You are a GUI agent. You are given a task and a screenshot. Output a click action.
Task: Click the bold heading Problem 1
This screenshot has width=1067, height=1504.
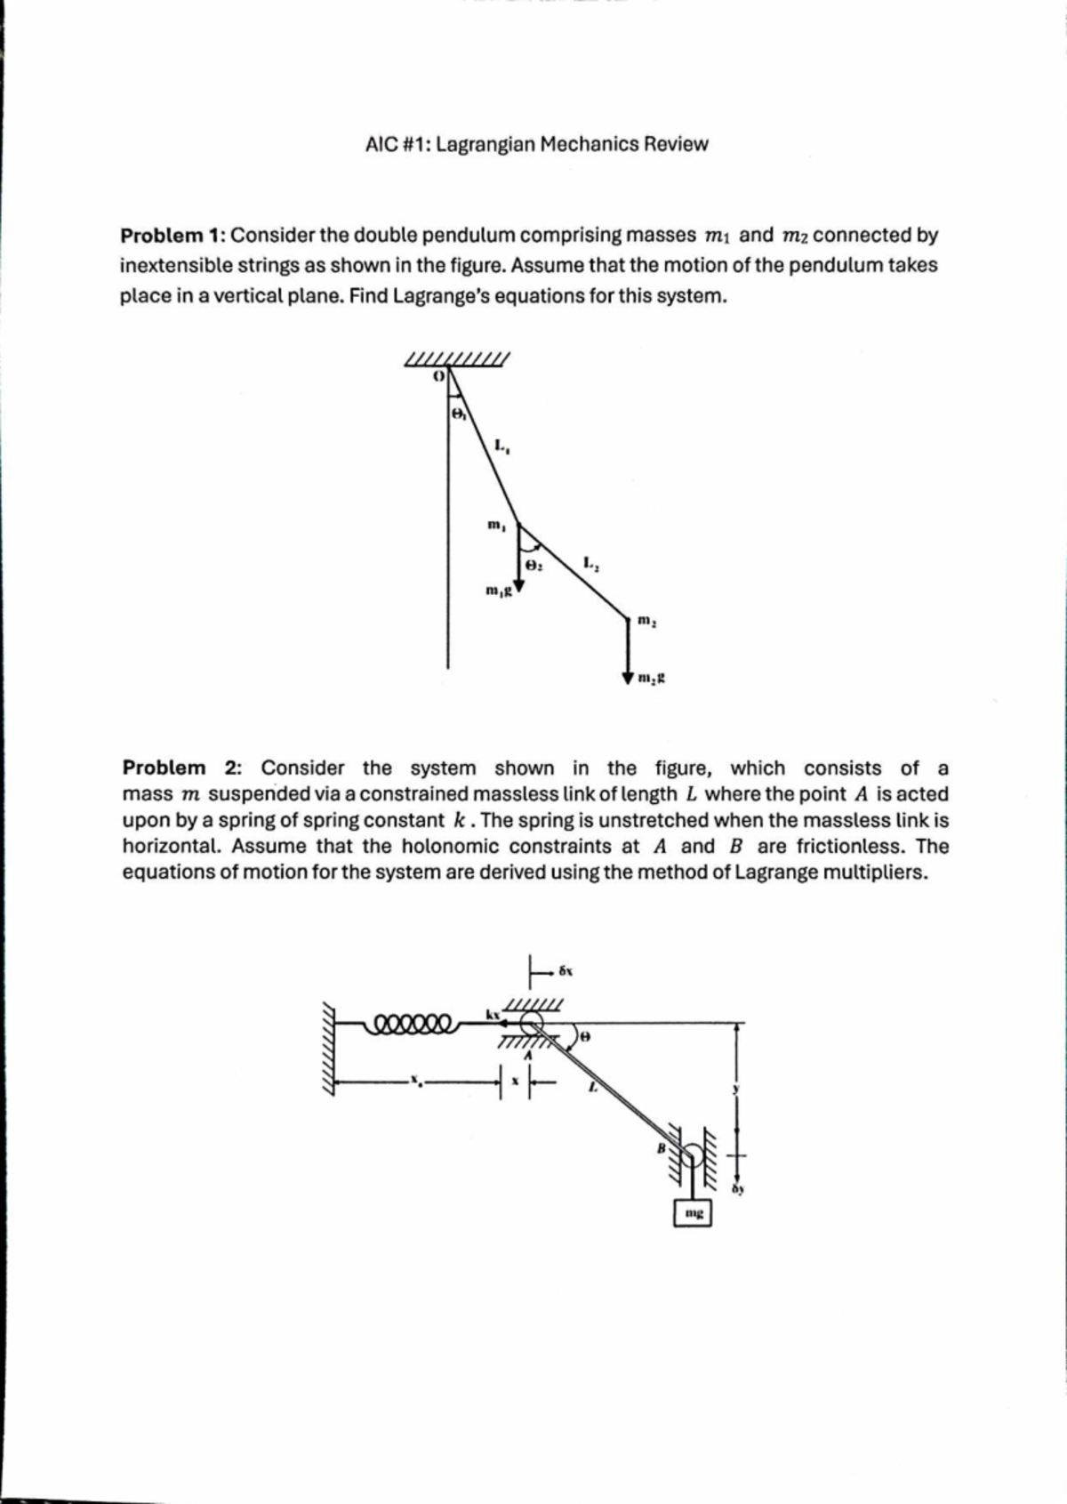pos(172,236)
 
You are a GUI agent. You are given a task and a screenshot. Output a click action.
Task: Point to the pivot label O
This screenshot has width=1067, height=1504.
pos(437,376)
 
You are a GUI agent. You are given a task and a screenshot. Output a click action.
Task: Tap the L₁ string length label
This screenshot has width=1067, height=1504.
pos(501,445)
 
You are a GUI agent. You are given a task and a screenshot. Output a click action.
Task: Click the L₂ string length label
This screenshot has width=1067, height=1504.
pos(592,563)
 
